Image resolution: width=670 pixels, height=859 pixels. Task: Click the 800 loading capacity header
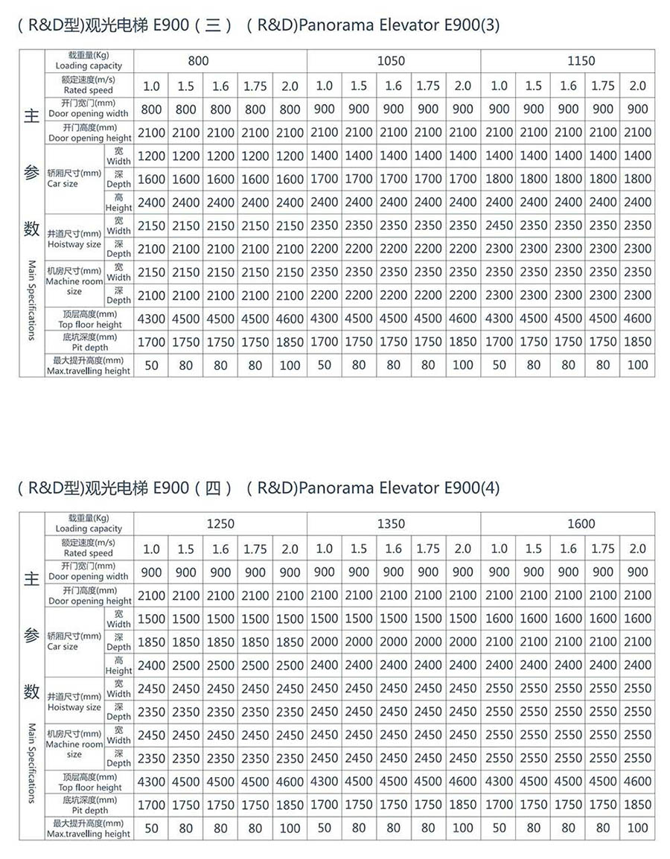tap(198, 61)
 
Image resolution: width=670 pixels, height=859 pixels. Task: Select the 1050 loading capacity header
tap(391, 61)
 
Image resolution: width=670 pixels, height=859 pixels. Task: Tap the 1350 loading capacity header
tap(391, 524)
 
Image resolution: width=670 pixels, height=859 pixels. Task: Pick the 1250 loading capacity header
tap(220, 524)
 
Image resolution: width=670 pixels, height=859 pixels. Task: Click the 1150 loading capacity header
tap(581, 61)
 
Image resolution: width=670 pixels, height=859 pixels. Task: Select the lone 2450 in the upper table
tap(499, 226)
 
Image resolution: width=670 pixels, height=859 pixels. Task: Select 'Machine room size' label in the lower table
tap(74, 744)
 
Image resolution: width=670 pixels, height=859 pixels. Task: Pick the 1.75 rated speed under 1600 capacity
tap(603, 549)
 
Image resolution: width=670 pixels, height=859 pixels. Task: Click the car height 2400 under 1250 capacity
tap(151, 665)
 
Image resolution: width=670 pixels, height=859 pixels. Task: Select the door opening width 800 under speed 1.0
tap(151, 109)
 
